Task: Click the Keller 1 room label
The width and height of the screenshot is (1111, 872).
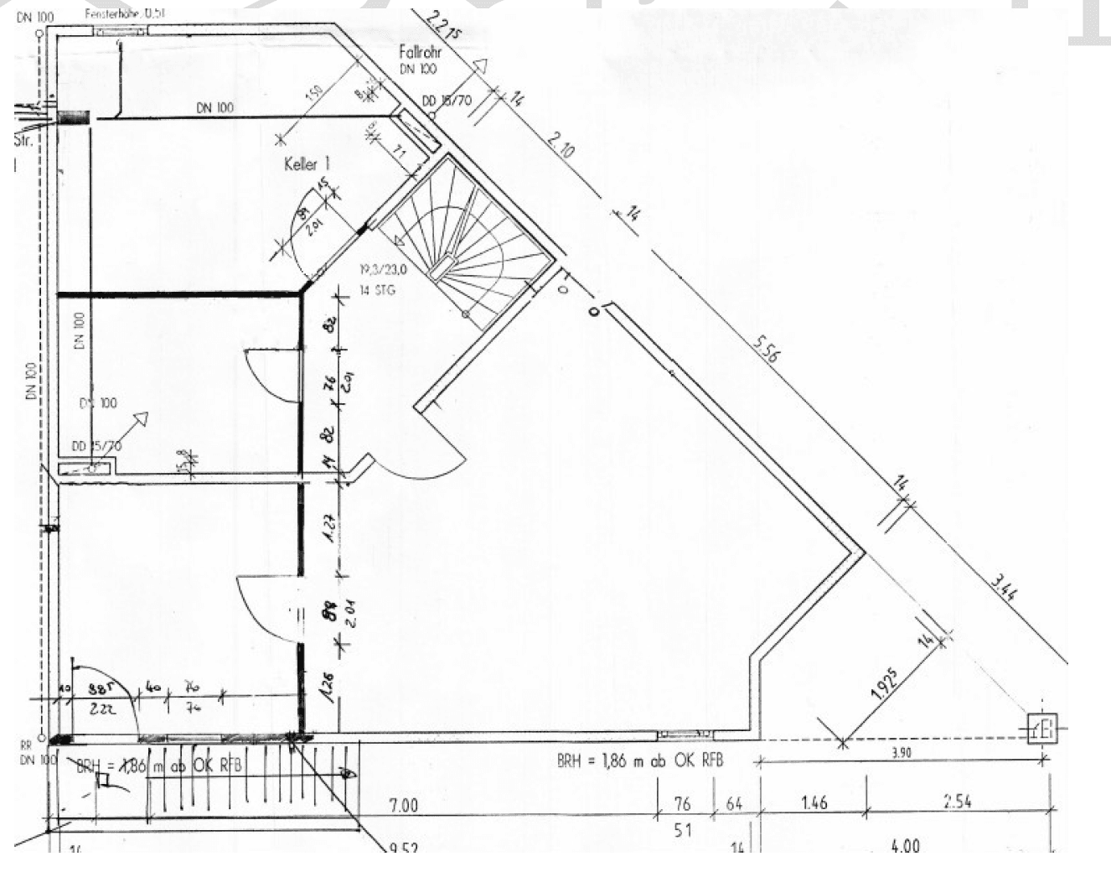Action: [x=307, y=163]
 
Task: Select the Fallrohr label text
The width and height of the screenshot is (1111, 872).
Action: [x=420, y=53]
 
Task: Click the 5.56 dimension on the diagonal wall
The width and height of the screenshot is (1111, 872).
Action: [x=765, y=347]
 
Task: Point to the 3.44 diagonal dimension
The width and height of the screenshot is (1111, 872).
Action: [x=1003, y=584]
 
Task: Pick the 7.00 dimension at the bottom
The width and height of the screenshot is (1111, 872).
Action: [x=403, y=805]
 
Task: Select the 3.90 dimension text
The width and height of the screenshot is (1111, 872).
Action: [x=901, y=752]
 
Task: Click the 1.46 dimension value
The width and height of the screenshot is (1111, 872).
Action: [x=814, y=802]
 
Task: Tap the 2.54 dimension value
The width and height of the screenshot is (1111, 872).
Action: [x=957, y=801]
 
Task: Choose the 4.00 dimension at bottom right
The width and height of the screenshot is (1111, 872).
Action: [x=904, y=846]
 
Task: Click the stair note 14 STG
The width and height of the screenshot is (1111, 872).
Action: [x=377, y=290]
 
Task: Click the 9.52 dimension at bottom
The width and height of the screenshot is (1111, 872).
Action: [x=404, y=849]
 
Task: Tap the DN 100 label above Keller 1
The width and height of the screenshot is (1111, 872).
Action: [x=215, y=107]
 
